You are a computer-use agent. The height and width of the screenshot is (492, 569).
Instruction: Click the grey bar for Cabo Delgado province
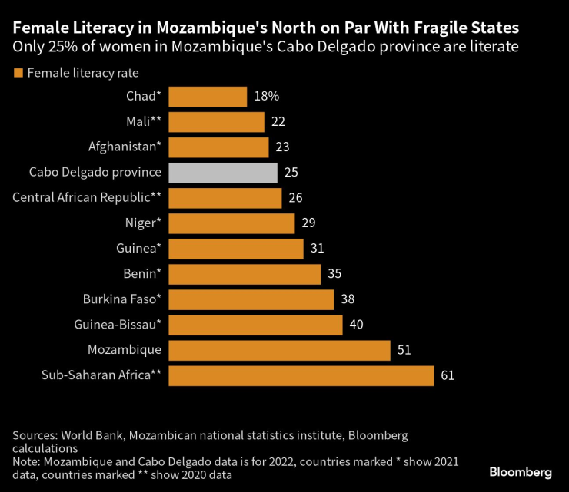[222, 173]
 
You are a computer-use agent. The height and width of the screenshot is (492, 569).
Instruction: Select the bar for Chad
[207, 97]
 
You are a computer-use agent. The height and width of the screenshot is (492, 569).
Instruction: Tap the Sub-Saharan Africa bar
[301, 375]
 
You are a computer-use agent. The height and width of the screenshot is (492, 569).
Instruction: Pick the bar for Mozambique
[279, 350]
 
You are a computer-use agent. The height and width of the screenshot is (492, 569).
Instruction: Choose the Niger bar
[231, 223]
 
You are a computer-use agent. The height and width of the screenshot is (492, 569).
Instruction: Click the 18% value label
[266, 97]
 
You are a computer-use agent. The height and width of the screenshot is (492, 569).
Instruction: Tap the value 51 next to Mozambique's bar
[404, 350]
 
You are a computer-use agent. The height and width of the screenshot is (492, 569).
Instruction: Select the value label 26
[295, 198]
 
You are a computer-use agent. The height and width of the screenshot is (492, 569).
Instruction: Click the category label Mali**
[143, 122]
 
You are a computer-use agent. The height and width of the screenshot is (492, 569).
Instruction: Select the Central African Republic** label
[87, 198]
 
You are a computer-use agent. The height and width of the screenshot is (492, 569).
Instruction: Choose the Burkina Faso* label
[121, 299]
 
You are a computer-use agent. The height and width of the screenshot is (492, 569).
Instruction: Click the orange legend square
[18, 73]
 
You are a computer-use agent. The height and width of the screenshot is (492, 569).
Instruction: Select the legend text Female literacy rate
[82, 73]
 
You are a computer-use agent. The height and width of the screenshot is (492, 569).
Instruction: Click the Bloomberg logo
[521, 471]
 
